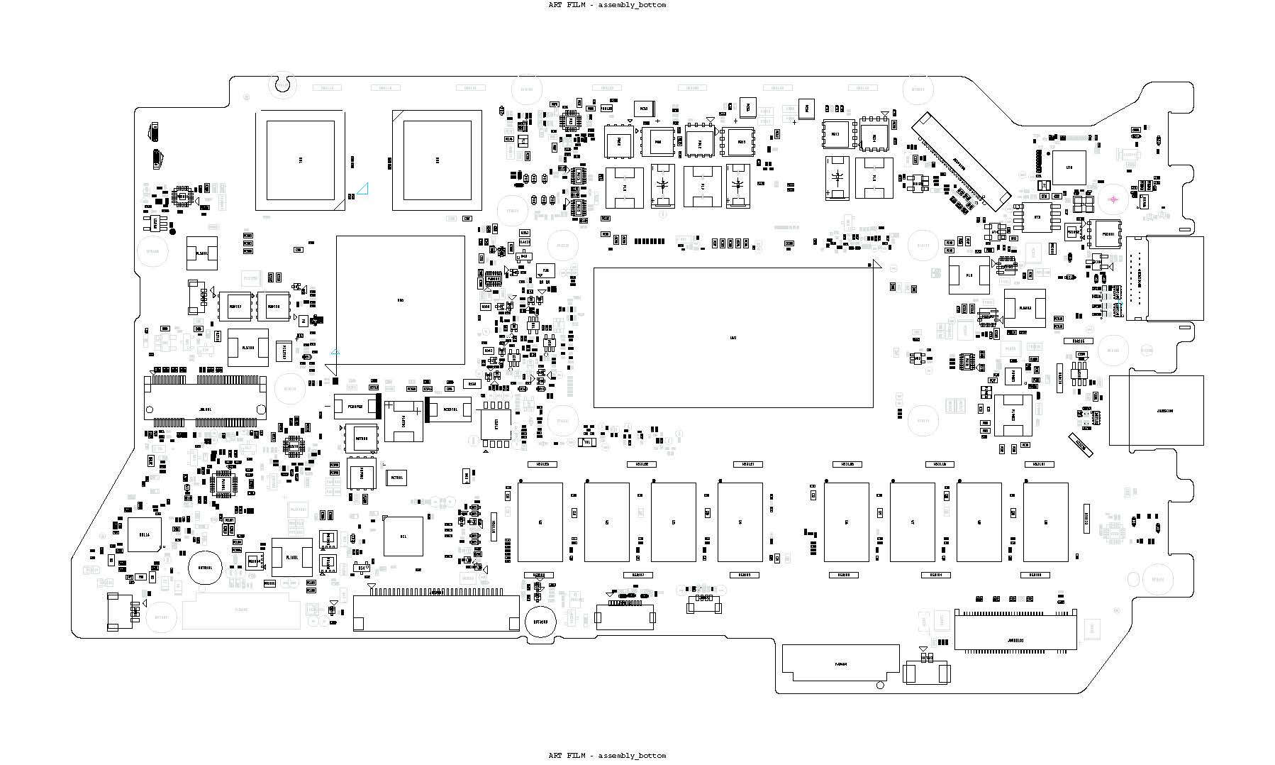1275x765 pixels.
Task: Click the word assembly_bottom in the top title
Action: [x=632, y=5]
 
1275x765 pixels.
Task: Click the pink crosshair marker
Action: [x=1113, y=199]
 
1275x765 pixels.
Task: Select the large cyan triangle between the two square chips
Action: [x=363, y=189]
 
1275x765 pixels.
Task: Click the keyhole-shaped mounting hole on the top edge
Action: [x=282, y=84]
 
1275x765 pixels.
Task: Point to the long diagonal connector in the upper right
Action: [x=961, y=163]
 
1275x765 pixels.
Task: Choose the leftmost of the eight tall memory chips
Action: [x=540, y=522]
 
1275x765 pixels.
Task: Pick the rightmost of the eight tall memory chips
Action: [x=1045, y=522]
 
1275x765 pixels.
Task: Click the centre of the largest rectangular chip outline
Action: [x=733, y=338]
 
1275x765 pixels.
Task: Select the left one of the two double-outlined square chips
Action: [x=300, y=160]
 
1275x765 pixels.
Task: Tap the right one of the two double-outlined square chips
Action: [x=437, y=160]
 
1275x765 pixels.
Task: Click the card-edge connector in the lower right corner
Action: [x=1015, y=630]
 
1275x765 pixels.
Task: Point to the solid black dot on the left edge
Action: [x=171, y=231]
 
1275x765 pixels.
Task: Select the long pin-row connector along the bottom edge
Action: [x=437, y=611]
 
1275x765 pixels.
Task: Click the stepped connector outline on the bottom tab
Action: [x=841, y=663]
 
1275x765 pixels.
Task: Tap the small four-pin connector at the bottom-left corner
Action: [x=119, y=612]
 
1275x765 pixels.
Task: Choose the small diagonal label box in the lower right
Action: [x=1081, y=444]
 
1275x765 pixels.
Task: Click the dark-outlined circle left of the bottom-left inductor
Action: [x=206, y=568]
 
